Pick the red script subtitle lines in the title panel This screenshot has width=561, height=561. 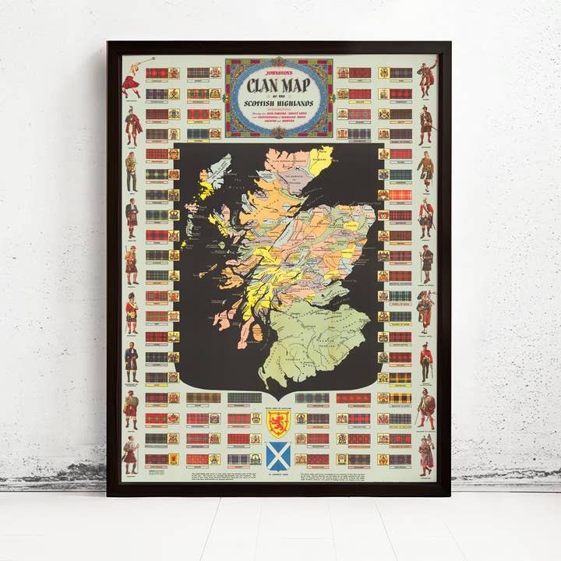pos(278,118)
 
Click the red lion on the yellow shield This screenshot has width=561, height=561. pos(278,423)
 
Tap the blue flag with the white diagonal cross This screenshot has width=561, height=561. pos(278,454)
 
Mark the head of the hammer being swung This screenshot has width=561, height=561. pos(153,58)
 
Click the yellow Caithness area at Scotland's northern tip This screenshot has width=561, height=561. pos(319,161)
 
